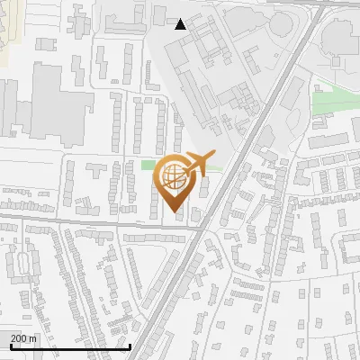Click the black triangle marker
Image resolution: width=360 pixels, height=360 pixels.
coord(181,24)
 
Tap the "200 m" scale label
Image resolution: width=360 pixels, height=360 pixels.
coord(24,338)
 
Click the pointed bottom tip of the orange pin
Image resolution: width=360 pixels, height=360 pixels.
coord(172,212)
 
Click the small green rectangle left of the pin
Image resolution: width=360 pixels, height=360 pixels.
coord(148,165)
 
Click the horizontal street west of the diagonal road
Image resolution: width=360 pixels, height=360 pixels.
coord(90,222)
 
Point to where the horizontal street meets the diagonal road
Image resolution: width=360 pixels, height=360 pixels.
coord(200,229)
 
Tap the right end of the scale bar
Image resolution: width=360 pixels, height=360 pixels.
coord(131,346)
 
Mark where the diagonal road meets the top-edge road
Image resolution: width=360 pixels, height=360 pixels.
coord(318,9)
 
